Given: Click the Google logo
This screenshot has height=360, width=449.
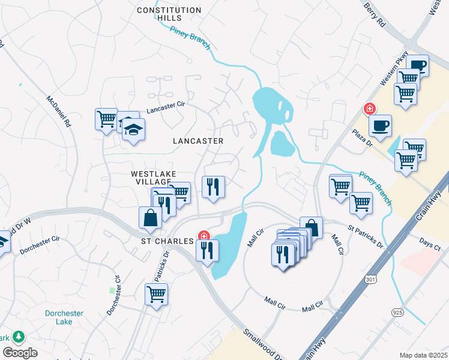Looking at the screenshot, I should pos(20,353).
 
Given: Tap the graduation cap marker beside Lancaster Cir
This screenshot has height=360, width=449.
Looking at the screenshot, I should pos(133,127).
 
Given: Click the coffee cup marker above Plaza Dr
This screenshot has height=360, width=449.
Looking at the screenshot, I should pos(379,125).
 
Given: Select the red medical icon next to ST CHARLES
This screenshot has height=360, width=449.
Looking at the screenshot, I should pos(204,235).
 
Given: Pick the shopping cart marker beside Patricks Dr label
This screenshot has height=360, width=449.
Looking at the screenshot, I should pos(156,294).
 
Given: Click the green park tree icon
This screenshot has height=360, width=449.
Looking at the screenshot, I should pos(19,337).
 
